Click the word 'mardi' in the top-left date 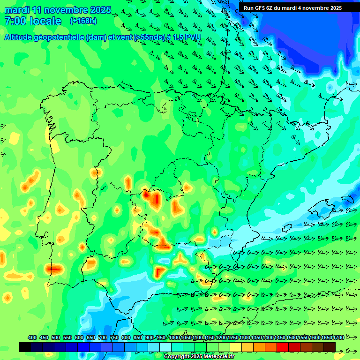[16, 10]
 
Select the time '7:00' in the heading [15, 21]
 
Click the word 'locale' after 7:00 [45, 21]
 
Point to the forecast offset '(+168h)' [83, 21]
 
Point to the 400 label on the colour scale [32, 338]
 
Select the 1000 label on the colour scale [174, 338]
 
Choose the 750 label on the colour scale [114, 338]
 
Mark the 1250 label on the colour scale [233, 338]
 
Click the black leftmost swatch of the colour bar [25, 347]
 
